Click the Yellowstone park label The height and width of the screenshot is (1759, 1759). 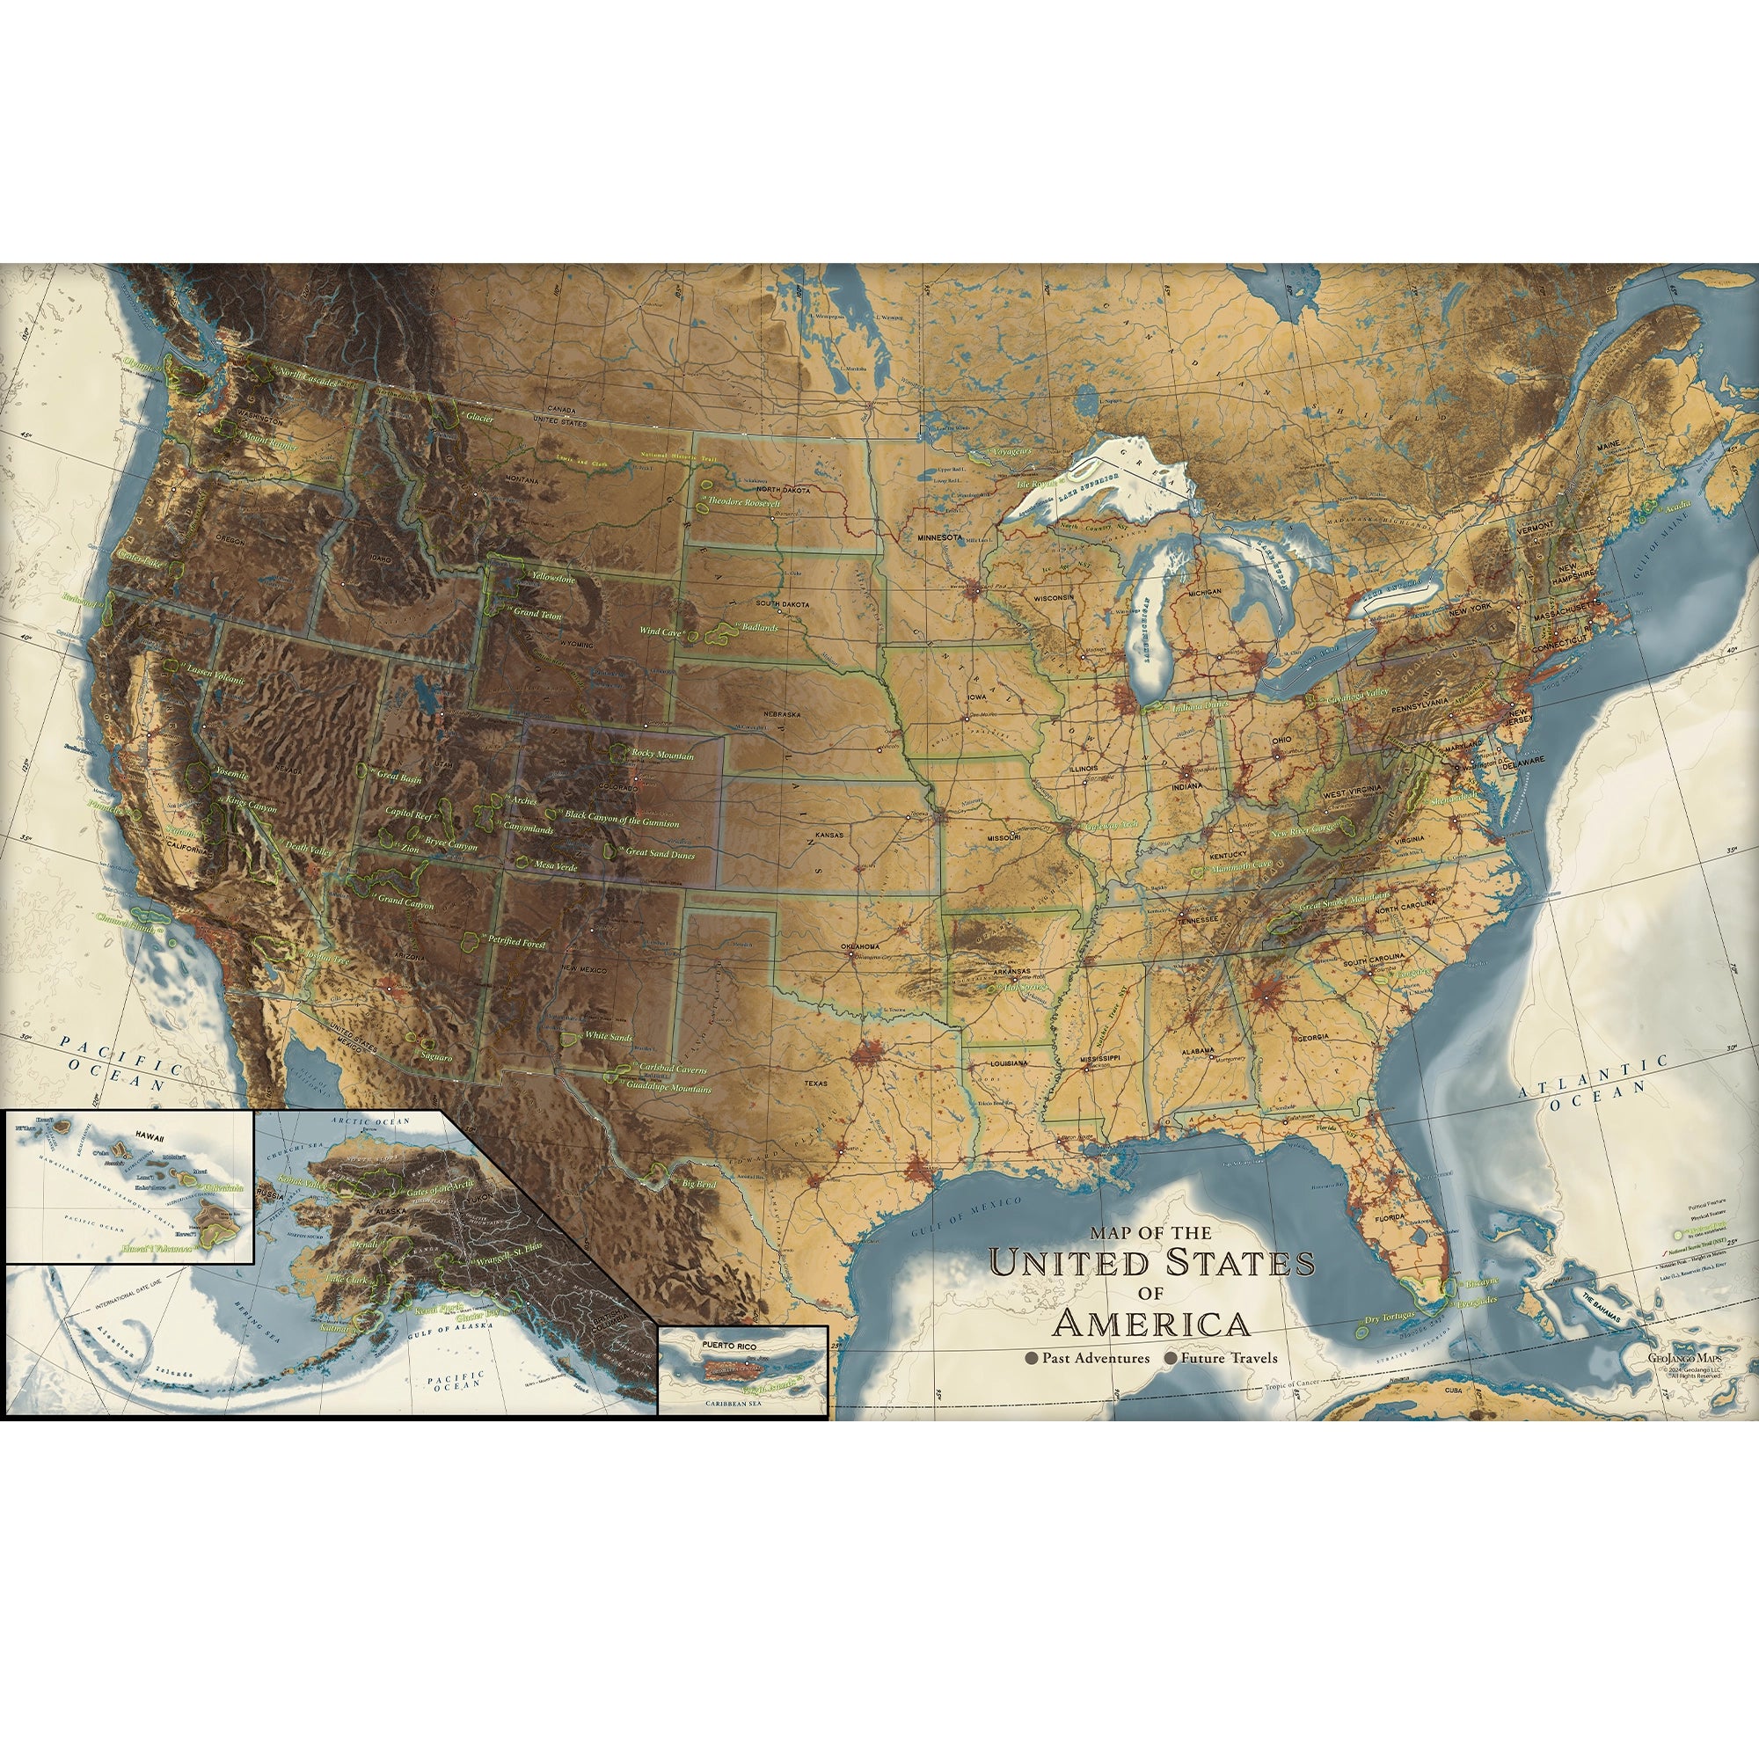click(553, 578)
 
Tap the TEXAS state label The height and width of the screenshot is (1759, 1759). click(816, 1084)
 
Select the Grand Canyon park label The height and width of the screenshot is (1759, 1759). click(405, 903)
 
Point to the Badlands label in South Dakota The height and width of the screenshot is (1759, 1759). click(759, 627)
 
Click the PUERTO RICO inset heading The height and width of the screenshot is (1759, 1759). click(728, 1345)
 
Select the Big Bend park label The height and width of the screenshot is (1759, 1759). click(699, 1184)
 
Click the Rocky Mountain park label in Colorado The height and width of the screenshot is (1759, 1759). click(662, 755)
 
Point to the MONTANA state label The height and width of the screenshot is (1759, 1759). click(522, 480)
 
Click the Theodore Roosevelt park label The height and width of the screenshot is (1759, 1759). click(744, 501)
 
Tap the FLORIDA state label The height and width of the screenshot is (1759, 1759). click(1390, 1217)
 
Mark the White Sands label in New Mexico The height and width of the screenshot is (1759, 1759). click(607, 1036)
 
